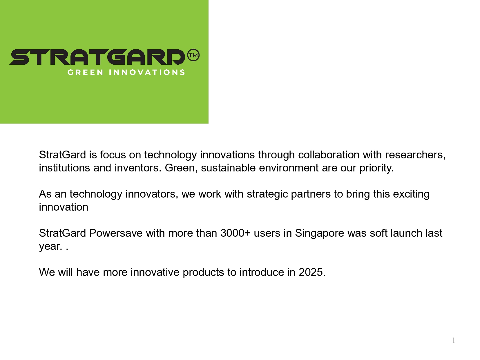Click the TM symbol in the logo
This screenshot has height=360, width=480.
coord(193,55)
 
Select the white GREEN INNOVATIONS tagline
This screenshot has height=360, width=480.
coord(126,73)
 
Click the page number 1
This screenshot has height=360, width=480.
coord(454,340)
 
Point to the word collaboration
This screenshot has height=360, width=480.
coord(329,155)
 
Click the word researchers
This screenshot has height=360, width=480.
coord(415,155)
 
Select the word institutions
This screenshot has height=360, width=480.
coord(64,168)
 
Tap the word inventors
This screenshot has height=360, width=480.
coord(138,168)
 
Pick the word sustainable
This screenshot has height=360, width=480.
coord(228,168)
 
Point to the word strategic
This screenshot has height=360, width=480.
coord(267,194)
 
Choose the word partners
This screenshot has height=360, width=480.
coord(311,194)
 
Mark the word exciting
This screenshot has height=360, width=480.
coord(411,194)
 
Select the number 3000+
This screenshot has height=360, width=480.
coord(236,233)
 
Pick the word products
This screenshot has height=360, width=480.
coord(203,273)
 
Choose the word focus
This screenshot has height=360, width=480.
coord(113,155)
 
